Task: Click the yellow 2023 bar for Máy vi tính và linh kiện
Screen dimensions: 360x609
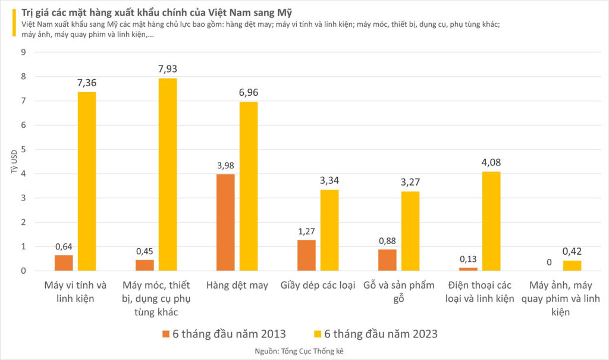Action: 87,181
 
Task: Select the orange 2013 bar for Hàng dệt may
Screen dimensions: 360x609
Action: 225,222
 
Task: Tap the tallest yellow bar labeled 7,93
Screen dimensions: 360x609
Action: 168,174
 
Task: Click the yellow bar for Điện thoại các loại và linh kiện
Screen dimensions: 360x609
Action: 491,221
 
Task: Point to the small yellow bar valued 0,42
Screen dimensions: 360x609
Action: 572,265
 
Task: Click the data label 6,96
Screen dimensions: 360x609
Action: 249,93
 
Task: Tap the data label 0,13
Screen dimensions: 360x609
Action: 468,259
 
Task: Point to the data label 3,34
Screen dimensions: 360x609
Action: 329,180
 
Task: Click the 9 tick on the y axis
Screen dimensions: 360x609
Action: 23,52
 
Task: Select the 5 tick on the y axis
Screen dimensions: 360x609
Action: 23,149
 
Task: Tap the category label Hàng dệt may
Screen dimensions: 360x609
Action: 237,285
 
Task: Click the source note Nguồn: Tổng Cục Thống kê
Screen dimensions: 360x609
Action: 304,351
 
